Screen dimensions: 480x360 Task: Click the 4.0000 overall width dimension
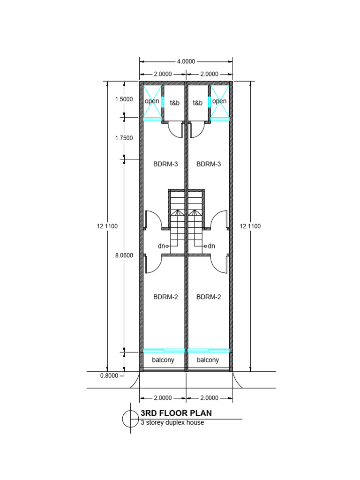(x=186, y=61)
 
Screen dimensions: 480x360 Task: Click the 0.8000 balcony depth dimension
(x=110, y=375)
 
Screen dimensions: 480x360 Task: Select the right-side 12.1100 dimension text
(x=250, y=226)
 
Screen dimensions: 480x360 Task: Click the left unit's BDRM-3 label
(x=165, y=164)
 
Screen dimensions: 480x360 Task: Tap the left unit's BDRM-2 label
(x=165, y=297)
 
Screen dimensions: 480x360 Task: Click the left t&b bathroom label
(x=174, y=103)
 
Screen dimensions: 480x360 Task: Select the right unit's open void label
(x=219, y=101)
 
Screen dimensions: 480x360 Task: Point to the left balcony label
(x=163, y=360)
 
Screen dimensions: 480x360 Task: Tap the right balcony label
(x=208, y=360)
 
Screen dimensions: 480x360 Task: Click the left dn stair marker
(x=162, y=246)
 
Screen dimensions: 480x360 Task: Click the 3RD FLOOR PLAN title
(x=176, y=413)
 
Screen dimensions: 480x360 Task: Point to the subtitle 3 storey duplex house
(x=172, y=422)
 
